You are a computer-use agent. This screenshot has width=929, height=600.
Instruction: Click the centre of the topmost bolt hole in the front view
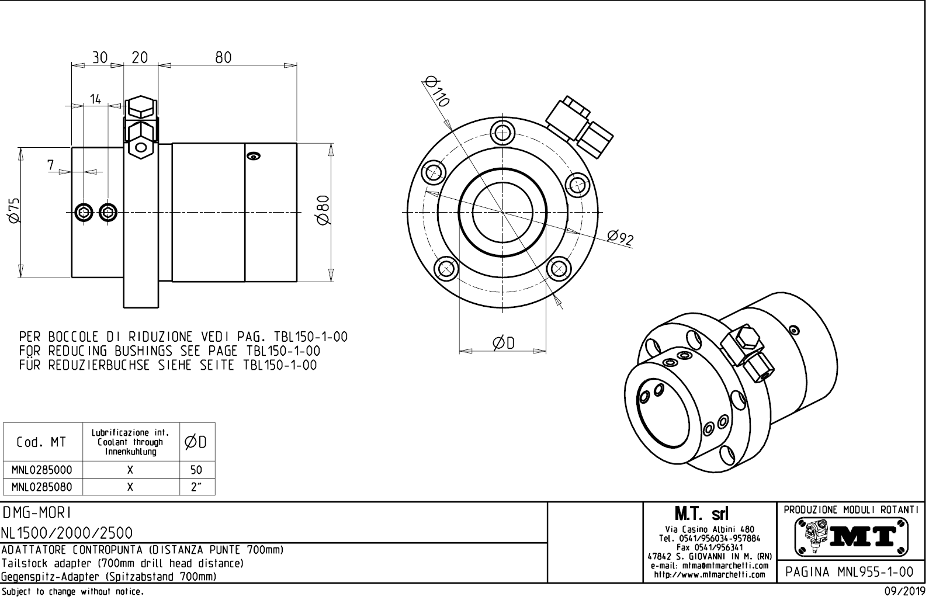tap(502, 134)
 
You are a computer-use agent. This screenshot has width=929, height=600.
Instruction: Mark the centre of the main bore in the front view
tap(502, 212)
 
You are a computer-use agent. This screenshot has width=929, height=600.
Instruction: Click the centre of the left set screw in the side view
tap(84, 213)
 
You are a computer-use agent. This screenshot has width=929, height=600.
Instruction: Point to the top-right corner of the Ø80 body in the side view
tap(297, 144)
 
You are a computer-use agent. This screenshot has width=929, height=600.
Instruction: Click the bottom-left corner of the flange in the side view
tap(124, 308)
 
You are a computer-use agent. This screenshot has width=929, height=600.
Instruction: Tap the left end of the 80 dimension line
tap(158, 65)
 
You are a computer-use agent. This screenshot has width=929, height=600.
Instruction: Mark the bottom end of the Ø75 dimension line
tap(20, 278)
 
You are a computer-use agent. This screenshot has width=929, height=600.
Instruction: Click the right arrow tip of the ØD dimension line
tap(546, 351)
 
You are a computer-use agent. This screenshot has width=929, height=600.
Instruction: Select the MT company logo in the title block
tap(851, 537)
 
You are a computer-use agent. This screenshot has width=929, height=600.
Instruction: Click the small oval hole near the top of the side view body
tap(254, 156)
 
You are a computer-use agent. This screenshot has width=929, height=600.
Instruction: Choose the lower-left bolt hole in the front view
tap(446, 269)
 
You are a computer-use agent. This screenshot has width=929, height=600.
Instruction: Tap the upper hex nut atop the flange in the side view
tap(141, 109)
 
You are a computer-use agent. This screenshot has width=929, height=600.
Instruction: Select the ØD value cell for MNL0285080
tap(197, 487)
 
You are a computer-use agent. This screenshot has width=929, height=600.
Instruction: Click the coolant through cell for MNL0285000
tap(131, 470)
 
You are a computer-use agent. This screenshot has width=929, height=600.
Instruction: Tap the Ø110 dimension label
tap(437, 91)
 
